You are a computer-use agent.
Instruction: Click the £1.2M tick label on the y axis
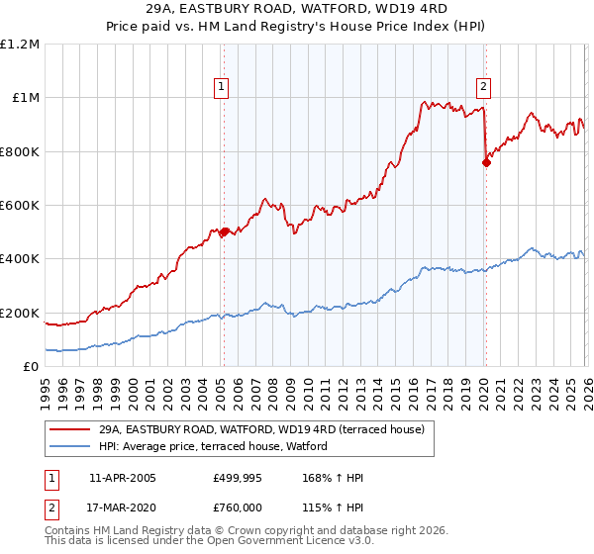[20, 45]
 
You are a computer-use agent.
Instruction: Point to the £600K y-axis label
[20, 206]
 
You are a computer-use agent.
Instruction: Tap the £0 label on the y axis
[31, 367]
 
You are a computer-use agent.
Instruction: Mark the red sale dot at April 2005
[224, 232]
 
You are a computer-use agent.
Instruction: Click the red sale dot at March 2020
[486, 162]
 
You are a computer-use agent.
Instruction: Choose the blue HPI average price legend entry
[218, 447]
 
